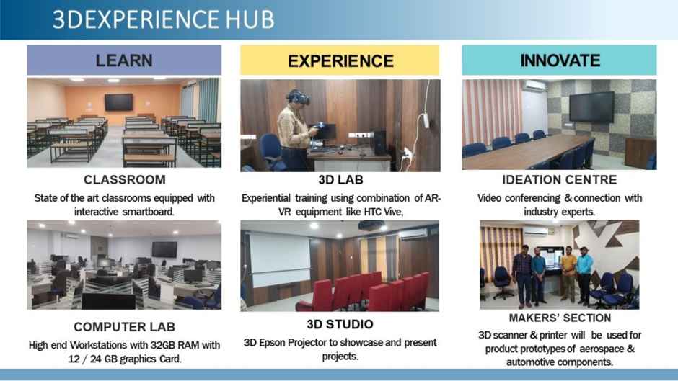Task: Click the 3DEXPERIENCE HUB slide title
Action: [x=164, y=19]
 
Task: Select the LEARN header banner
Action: [x=124, y=60]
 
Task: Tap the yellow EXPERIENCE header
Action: [x=340, y=60]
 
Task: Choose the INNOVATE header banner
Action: [x=559, y=60]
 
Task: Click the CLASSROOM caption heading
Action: [x=125, y=180]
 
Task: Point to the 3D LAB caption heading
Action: [x=340, y=180]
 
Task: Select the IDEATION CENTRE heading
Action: [x=560, y=180]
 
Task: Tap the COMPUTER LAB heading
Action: [x=125, y=327]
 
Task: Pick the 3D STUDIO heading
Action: [x=340, y=324]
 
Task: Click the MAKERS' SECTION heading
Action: [x=560, y=318]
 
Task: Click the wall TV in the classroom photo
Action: [x=118, y=102]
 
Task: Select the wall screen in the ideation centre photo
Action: [x=591, y=107]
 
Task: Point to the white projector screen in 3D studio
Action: [x=280, y=259]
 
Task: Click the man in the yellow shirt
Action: [x=568, y=273]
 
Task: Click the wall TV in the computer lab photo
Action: [x=164, y=249]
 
